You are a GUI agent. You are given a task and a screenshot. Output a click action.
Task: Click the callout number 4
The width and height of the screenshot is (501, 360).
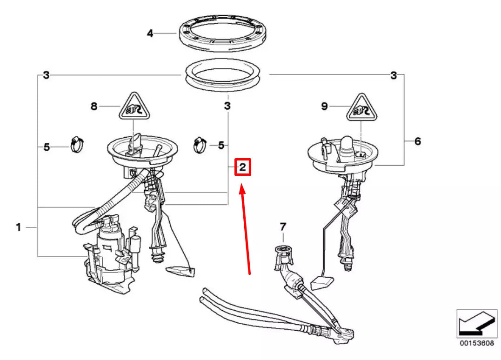(x=150, y=33)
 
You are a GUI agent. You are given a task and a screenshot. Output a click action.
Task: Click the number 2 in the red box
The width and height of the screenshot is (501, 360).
(x=242, y=167)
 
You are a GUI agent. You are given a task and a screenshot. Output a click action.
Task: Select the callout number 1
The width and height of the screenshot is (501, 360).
(x=18, y=227)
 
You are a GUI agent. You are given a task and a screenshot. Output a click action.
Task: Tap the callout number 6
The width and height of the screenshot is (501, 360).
(x=417, y=141)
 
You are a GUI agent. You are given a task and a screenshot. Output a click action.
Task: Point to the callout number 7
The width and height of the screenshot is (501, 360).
(x=283, y=227)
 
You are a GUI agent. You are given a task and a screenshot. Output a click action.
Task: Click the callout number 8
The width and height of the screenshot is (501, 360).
(x=94, y=107)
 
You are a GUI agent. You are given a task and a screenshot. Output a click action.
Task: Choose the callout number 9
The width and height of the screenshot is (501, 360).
(x=324, y=107)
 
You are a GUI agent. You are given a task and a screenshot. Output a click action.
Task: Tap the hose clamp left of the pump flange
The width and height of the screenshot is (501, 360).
(x=76, y=145)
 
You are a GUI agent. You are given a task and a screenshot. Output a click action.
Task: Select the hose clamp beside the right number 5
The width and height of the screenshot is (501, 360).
(x=200, y=145)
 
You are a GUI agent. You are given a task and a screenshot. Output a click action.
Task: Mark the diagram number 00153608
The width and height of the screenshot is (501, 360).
(x=474, y=344)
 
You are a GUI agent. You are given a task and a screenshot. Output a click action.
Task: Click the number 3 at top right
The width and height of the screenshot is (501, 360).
(x=394, y=75)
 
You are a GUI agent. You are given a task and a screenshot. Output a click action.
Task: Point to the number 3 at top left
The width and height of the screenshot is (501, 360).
(x=46, y=75)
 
